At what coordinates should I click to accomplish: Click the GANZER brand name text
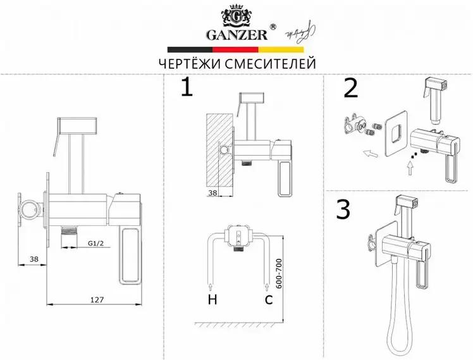point(236,34)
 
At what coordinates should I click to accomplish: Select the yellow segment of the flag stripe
point(283,49)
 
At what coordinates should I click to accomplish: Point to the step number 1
point(186,89)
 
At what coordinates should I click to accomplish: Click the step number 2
point(350,89)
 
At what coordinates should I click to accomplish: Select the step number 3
point(343,209)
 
